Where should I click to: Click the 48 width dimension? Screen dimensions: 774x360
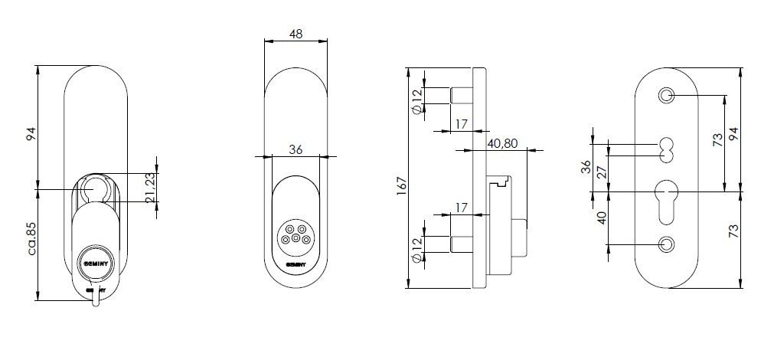pyautogui.click(x=296, y=34)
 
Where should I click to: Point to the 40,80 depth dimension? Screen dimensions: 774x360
pyautogui.click(x=502, y=143)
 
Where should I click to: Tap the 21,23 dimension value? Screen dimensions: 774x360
pyautogui.click(x=151, y=186)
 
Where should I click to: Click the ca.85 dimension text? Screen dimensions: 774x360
pyautogui.click(x=31, y=238)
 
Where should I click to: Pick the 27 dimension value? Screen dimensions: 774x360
pyautogui.click(x=602, y=172)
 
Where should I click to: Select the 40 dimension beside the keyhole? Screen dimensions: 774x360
pyautogui.click(x=602, y=218)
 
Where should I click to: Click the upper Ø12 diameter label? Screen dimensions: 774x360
pyautogui.click(x=417, y=101)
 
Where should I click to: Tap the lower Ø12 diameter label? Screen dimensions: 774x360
pyautogui.click(x=417, y=250)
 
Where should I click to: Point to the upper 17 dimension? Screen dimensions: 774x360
pyautogui.click(x=461, y=124)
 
